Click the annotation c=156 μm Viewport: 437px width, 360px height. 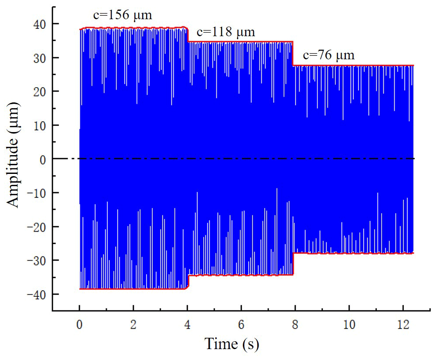coord(123,16)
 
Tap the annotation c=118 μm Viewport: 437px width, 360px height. coord(226,32)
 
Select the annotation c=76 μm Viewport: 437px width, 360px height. coord(329,55)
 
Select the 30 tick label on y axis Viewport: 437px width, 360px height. coord(39,58)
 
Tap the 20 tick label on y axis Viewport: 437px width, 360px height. coord(39,91)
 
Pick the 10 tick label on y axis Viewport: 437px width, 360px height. coord(39,125)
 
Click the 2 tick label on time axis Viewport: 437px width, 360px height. coord(133,325)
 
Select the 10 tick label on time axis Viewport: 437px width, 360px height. coord(348,325)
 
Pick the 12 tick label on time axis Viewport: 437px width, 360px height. coord(402,325)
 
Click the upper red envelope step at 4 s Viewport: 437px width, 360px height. coord(188,35)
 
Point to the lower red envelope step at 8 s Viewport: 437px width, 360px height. coord(293,264)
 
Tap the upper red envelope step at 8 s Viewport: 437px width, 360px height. coord(293,54)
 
